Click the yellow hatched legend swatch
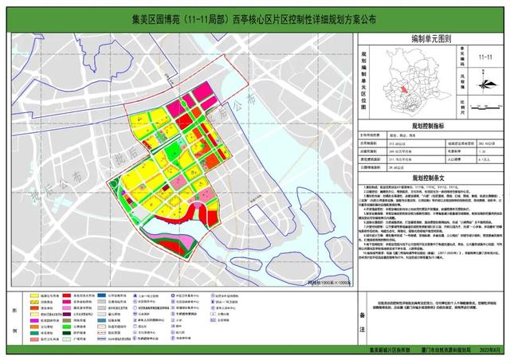[x=37, y=304]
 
